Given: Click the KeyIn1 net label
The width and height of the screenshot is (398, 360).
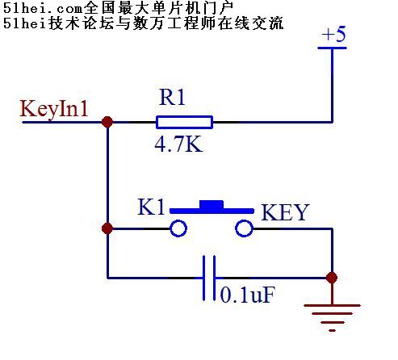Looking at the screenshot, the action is click(54, 109).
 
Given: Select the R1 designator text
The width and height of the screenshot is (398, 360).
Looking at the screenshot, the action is click(172, 97).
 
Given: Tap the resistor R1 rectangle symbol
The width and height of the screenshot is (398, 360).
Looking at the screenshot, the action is click(184, 122).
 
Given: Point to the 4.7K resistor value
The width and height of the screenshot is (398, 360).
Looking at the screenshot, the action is click(178, 144).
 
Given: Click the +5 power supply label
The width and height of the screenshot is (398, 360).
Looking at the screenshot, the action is click(334, 34).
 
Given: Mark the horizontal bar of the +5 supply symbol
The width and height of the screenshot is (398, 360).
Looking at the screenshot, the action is click(332, 48).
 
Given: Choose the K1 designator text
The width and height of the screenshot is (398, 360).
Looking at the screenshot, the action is click(151, 207).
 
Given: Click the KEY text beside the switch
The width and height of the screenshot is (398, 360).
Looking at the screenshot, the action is click(285, 212).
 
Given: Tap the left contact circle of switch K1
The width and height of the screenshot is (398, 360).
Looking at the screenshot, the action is click(178, 228).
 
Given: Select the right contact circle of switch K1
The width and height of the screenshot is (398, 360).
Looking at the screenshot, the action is click(244, 228).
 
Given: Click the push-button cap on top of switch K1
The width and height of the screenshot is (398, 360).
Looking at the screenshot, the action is click(212, 204).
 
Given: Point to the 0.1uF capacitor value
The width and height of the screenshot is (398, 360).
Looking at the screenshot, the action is click(248, 295).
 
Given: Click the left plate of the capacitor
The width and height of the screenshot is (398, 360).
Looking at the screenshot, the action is click(204, 278).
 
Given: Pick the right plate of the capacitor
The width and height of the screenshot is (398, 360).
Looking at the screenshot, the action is click(214, 278).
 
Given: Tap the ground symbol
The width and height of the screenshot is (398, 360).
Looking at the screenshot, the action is click(332, 317).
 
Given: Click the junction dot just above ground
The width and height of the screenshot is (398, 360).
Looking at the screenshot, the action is click(332, 278).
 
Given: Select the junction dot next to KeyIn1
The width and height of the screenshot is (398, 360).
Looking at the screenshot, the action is click(107, 122).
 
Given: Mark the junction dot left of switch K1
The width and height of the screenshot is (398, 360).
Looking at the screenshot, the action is click(107, 228).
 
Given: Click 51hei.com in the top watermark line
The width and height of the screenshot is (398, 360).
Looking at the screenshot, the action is click(42, 8).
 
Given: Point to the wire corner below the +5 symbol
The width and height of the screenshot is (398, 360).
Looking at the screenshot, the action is click(333, 122).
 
